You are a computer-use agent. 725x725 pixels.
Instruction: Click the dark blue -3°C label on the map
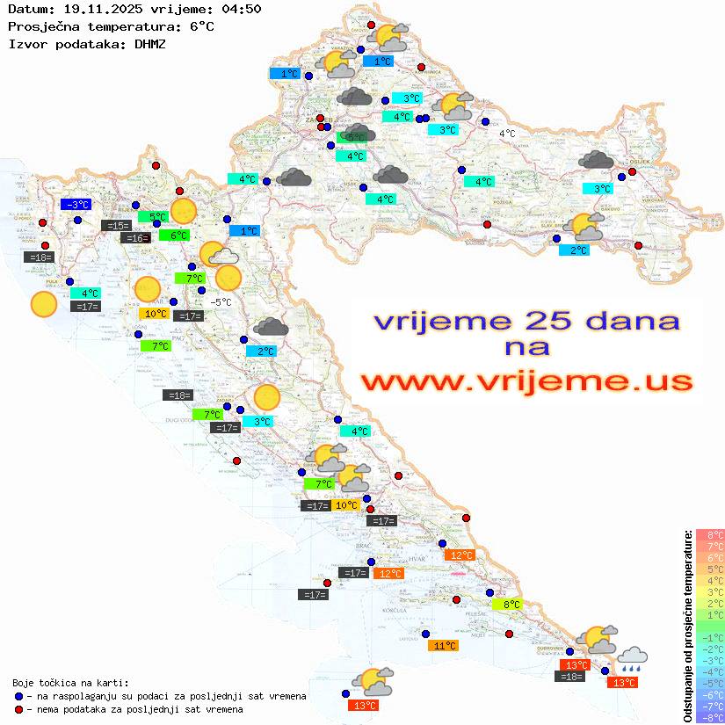coord(76,205)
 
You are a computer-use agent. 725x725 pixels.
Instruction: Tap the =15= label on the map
coord(116,226)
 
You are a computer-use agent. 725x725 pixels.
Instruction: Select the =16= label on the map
coord(135,238)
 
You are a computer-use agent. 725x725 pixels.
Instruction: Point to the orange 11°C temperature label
coord(443,646)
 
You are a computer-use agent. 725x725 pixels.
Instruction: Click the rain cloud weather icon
coord(633,658)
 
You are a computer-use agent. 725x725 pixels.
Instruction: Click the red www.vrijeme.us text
coord(526,382)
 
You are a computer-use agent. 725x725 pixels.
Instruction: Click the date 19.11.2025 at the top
coord(98,10)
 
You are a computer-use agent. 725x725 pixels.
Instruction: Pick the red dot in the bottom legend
coord(19,709)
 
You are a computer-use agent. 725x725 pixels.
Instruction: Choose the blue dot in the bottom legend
coord(19,696)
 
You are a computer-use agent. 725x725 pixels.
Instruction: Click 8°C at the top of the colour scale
coord(710,535)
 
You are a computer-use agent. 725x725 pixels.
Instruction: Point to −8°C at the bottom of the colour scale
coord(710,717)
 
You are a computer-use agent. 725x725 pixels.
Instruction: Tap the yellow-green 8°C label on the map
coord(511,605)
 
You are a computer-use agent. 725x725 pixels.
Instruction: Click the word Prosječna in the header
coord(42,26)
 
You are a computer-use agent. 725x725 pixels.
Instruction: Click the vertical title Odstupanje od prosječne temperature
coord(687,626)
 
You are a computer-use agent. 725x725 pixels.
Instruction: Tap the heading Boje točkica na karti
coord(70,682)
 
